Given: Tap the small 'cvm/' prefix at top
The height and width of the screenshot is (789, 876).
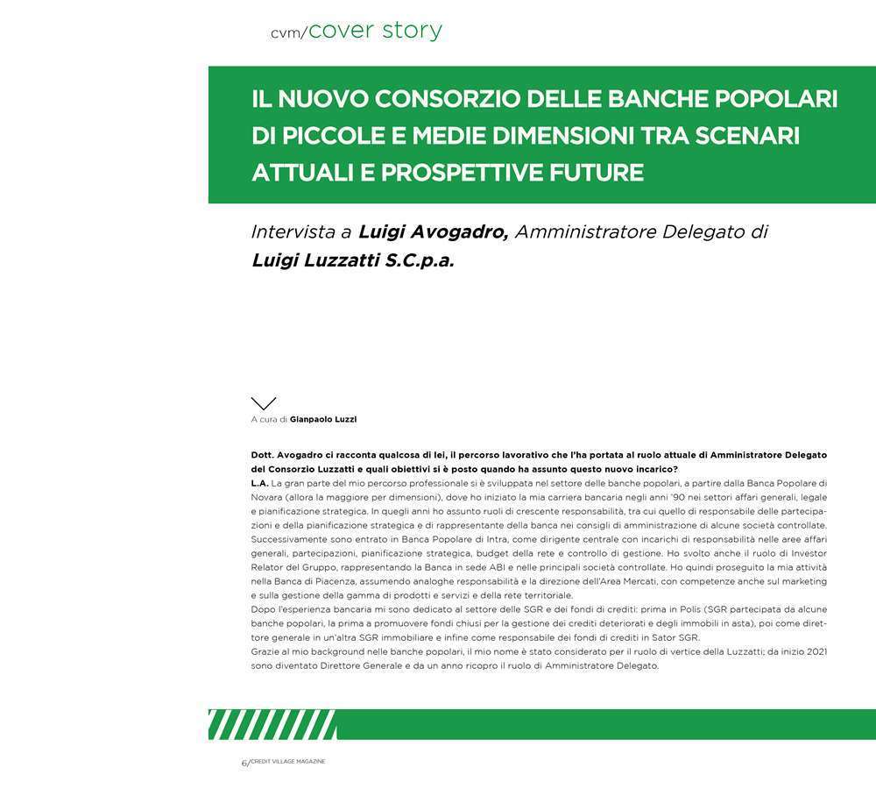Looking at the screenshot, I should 288,33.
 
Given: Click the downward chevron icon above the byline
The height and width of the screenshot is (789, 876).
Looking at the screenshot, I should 263,403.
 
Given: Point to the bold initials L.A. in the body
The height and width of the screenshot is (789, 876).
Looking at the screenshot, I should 259,483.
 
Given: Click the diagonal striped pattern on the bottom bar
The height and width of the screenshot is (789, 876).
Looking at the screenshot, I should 272,724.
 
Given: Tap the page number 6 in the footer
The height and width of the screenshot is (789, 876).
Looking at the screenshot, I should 244,763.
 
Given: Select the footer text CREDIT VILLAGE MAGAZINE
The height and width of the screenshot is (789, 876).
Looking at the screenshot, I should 288,762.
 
